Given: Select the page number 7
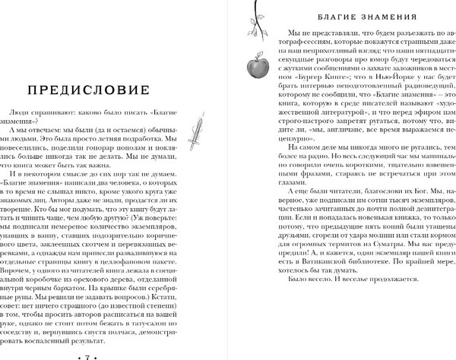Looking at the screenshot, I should click(89, 355).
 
